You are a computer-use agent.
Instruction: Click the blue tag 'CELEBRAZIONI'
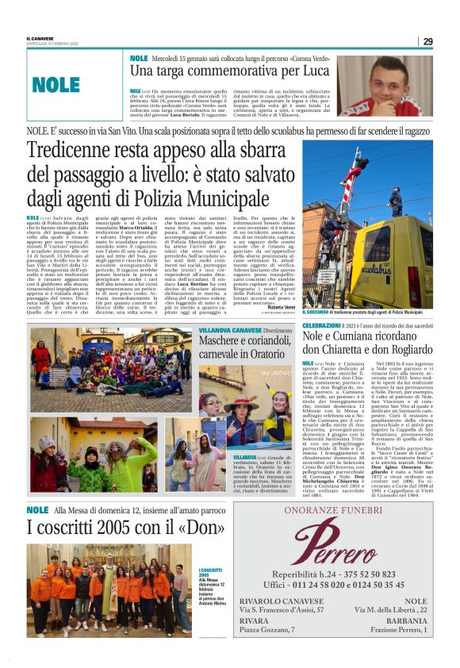tap(321, 326)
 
